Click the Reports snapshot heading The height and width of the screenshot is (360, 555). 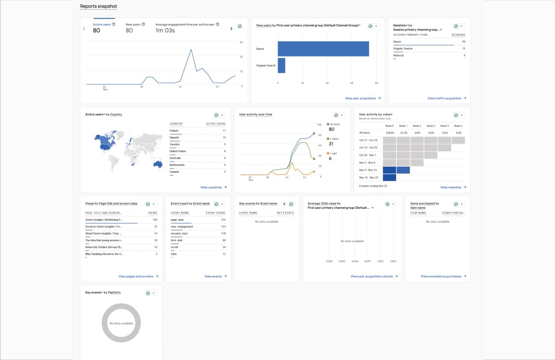98,7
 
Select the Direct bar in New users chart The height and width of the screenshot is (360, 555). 323,49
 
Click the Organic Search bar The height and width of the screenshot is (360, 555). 281,65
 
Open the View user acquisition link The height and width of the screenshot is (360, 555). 363,98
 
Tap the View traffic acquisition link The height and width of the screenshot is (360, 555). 446,98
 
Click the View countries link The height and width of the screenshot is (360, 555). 213,187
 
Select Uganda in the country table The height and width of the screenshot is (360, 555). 174,137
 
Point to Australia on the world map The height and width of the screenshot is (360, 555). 158,164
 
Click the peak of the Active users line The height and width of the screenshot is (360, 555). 191,49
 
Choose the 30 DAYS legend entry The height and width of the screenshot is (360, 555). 335,124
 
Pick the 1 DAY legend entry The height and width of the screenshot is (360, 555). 333,153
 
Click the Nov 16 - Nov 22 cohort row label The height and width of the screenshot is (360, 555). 368,177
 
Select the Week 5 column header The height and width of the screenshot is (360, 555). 458,125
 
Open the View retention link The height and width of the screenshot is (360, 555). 453,187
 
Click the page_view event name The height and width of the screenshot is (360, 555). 177,220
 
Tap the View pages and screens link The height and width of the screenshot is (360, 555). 137,276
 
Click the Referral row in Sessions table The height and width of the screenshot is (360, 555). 398,55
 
